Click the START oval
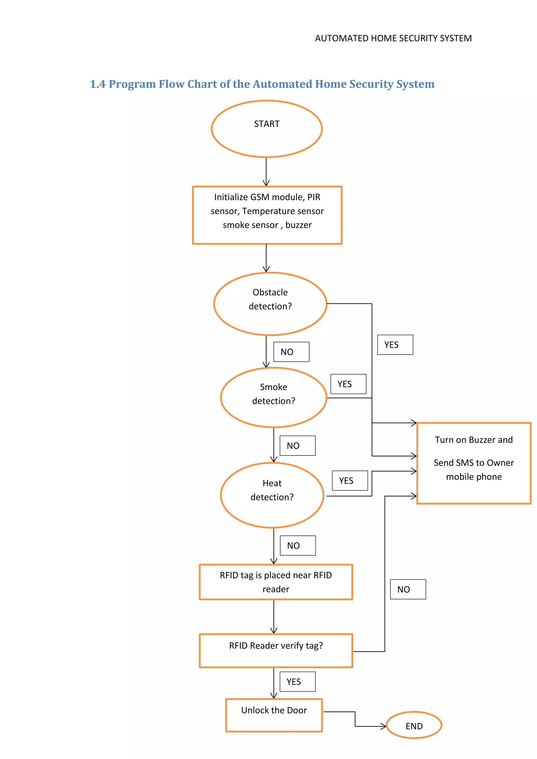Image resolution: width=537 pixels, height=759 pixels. [266, 129]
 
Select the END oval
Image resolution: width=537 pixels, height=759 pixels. [414, 725]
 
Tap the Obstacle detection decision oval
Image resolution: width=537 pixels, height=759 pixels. [270, 303]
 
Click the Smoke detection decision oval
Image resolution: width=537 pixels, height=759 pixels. [273, 397]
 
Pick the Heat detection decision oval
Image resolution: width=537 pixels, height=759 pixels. [272, 495]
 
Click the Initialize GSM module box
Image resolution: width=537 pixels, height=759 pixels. [267, 215]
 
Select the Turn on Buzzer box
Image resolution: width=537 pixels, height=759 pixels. [474, 463]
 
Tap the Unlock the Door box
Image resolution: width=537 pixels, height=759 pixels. [274, 715]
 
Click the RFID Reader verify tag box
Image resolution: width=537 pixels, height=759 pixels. [276, 650]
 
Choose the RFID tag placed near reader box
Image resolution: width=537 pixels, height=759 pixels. [276, 582]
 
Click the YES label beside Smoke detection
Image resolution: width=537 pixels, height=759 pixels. [348, 384]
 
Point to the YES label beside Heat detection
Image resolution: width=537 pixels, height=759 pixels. [350, 480]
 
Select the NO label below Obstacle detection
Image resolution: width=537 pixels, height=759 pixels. [291, 352]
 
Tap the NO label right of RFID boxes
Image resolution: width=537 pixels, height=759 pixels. [408, 589]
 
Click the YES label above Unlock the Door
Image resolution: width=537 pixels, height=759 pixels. [297, 681]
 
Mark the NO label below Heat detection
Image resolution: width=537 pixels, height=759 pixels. [297, 545]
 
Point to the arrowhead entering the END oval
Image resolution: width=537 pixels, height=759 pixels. [384, 726]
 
